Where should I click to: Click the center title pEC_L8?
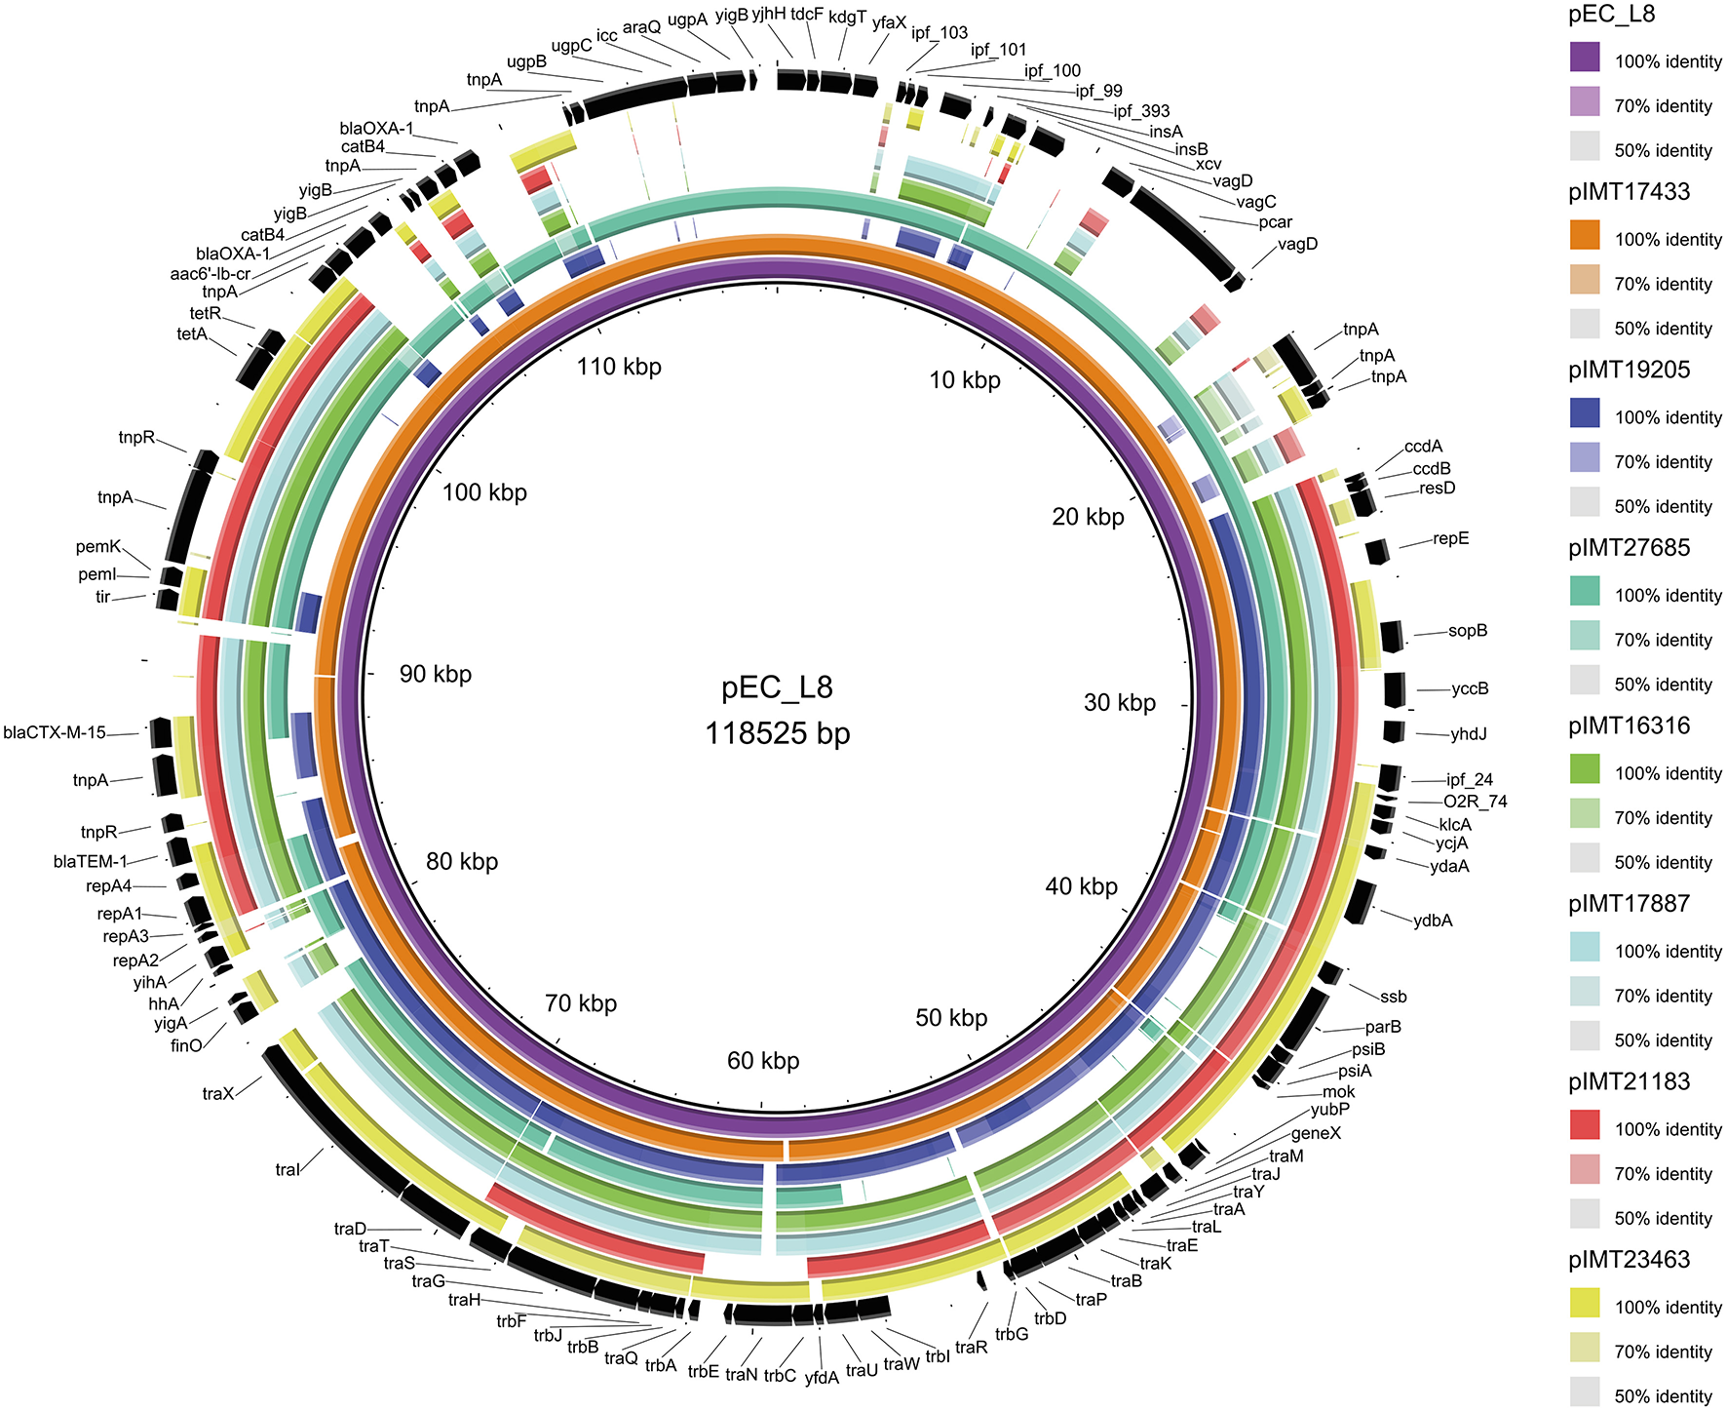point(777,687)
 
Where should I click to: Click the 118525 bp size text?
point(777,733)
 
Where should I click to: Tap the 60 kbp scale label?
point(763,1061)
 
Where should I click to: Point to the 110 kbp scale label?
point(619,367)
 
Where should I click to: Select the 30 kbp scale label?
point(1120,703)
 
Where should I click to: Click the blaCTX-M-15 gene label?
point(55,732)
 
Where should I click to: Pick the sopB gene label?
point(1468,631)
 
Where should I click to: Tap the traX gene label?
point(218,1093)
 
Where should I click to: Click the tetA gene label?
point(192,334)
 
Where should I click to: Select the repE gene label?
point(1451,538)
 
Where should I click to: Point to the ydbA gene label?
point(1433,921)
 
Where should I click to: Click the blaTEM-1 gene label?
point(91,862)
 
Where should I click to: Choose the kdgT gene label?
point(847,17)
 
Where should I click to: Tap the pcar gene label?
point(1275,222)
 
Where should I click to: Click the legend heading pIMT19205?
point(1630,370)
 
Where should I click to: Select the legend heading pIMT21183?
point(1630,1081)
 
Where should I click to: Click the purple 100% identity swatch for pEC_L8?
point(1585,58)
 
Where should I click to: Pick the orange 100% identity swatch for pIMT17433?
point(1585,235)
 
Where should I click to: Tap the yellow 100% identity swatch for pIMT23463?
point(1585,1303)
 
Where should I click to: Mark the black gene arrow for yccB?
point(1395,689)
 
